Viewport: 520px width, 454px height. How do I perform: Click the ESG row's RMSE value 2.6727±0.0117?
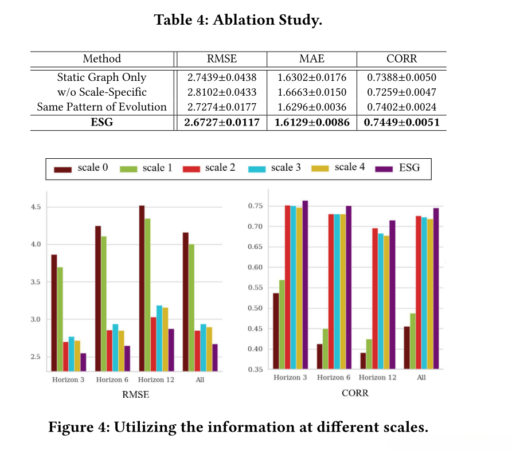(x=221, y=123)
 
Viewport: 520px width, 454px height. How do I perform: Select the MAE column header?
(x=312, y=58)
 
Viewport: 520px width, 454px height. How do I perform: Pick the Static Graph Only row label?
(x=102, y=77)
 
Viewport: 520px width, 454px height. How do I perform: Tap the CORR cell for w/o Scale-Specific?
(x=401, y=92)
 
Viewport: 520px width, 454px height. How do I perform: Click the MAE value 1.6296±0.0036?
(x=312, y=107)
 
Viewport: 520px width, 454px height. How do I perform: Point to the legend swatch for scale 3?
(x=256, y=169)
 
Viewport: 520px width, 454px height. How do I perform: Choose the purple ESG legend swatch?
(x=384, y=169)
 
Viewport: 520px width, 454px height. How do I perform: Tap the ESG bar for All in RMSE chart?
(x=215, y=357)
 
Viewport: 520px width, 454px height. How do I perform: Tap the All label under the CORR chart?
(x=421, y=377)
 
